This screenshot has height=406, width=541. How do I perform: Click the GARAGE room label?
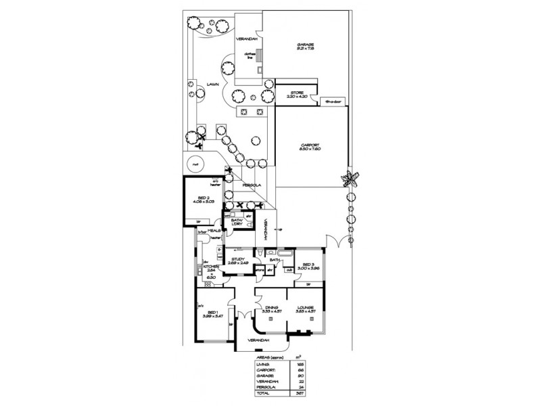point(306,45)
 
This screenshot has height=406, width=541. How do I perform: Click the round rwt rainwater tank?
point(195,164)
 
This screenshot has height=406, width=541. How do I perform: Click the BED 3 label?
point(308,265)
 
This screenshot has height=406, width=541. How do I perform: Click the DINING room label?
point(273,307)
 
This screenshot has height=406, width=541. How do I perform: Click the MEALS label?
point(215,231)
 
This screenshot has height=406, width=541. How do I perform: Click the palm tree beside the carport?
point(350,180)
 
